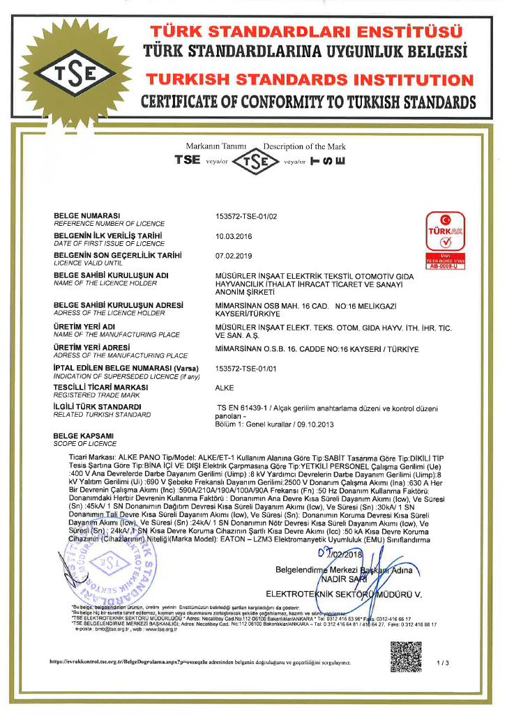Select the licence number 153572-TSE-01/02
click(x=246, y=216)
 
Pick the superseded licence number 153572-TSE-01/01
click(x=246, y=367)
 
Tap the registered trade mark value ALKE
click(x=225, y=387)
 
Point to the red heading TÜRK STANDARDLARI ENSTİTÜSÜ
click(x=307, y=32)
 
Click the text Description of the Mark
click(x=305, y=146)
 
